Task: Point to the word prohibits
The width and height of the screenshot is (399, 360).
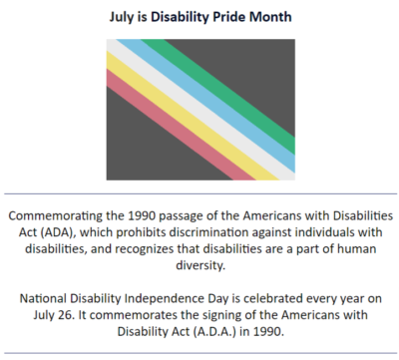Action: click(x=136, y=233)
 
